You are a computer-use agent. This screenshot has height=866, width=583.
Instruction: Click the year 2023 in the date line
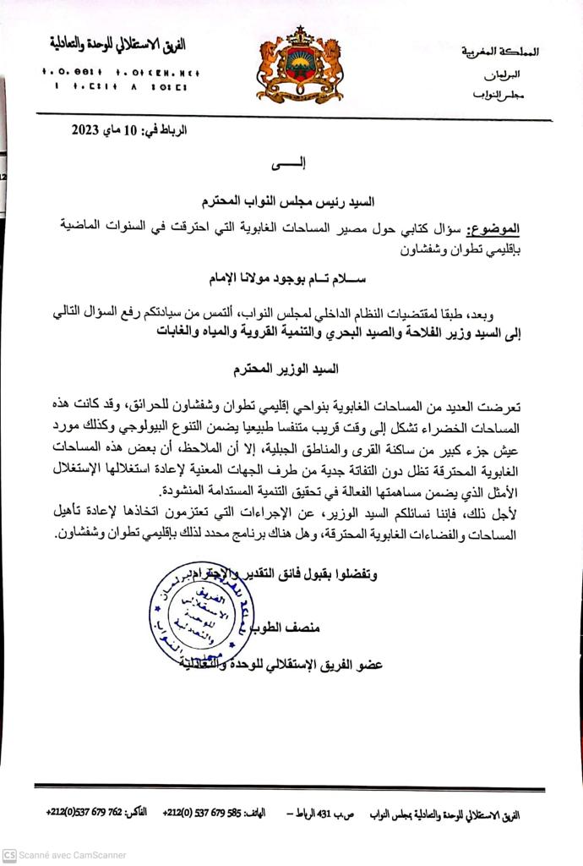(87, 129)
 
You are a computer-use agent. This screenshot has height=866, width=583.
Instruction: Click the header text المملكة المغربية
(501, 52)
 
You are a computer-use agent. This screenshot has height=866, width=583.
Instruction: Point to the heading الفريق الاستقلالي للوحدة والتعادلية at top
(117, 42)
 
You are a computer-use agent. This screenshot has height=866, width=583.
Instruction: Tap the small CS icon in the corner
(9, 855)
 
